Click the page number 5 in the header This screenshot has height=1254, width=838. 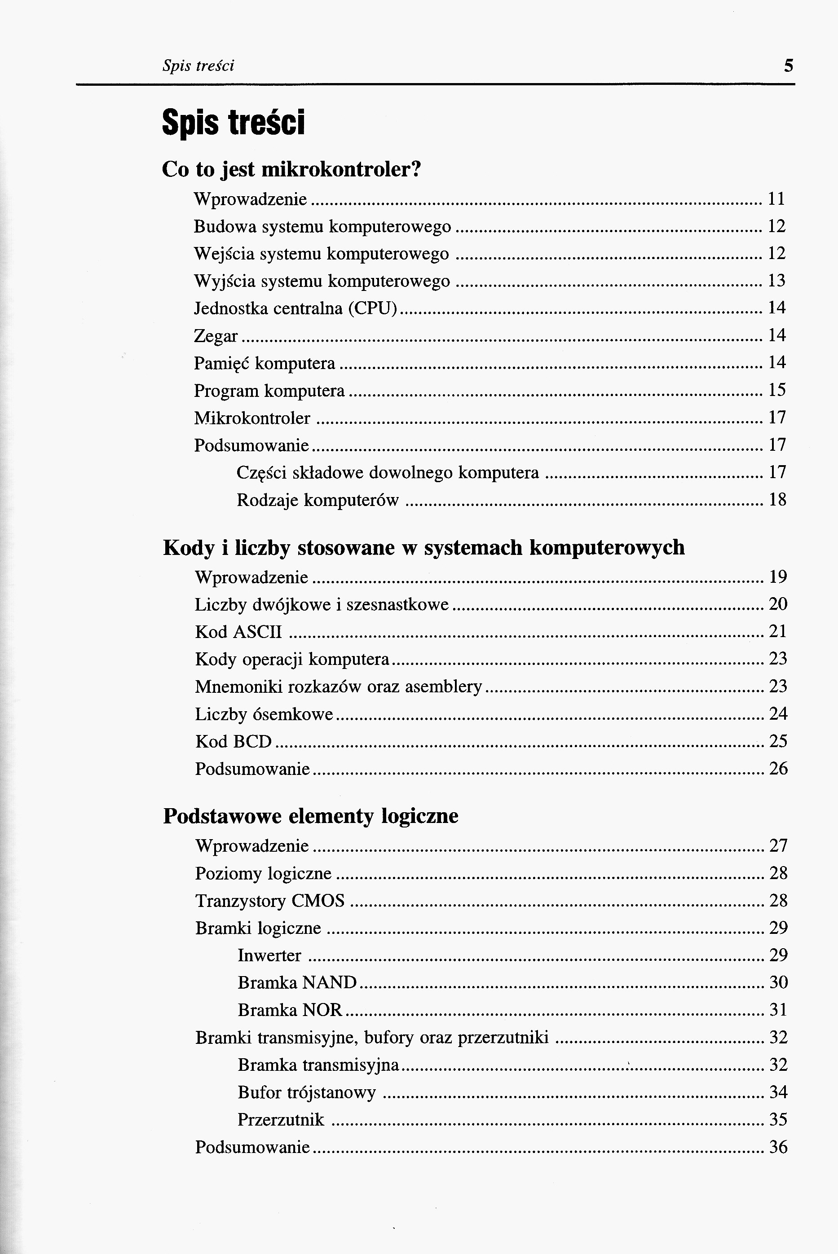pos(788,66)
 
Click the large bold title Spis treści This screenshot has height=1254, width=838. pos(234,123)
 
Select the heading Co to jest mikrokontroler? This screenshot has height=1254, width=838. pos(292,169)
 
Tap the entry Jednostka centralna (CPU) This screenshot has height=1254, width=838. pos(296,308)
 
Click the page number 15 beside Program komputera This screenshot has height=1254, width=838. pos(777,390)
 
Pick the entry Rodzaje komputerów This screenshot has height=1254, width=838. pos(318,500)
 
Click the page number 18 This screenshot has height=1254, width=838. pos(777,500)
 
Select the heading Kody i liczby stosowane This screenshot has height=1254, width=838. pos(423,547)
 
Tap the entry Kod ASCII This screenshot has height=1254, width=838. pos(238,632)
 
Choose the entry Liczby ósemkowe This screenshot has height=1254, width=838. pos(264,714)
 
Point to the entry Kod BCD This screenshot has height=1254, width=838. pos(234,741)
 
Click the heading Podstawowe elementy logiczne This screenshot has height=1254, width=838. pos(310,816)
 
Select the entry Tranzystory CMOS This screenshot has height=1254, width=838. pos(270,901)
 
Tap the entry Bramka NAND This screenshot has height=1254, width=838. pos(297,982)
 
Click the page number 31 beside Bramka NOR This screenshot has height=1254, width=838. pos(778,1010)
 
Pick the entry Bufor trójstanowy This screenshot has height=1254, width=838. pos(307,1092)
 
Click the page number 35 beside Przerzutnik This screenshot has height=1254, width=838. pos(778,1119)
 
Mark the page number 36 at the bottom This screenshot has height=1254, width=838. pos(778,1147)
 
